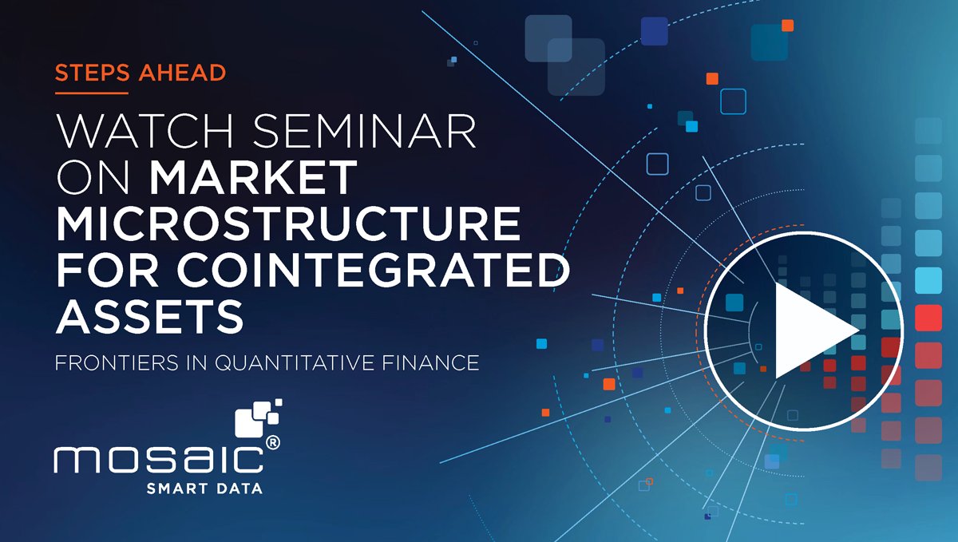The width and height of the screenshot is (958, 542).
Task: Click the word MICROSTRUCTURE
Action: tap(287, 225)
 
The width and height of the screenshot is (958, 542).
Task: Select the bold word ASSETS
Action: tap(149, 318)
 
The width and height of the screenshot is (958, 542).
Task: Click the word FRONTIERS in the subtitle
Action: tap(113, 363)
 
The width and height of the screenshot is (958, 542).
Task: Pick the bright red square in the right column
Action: tap(928, 318)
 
